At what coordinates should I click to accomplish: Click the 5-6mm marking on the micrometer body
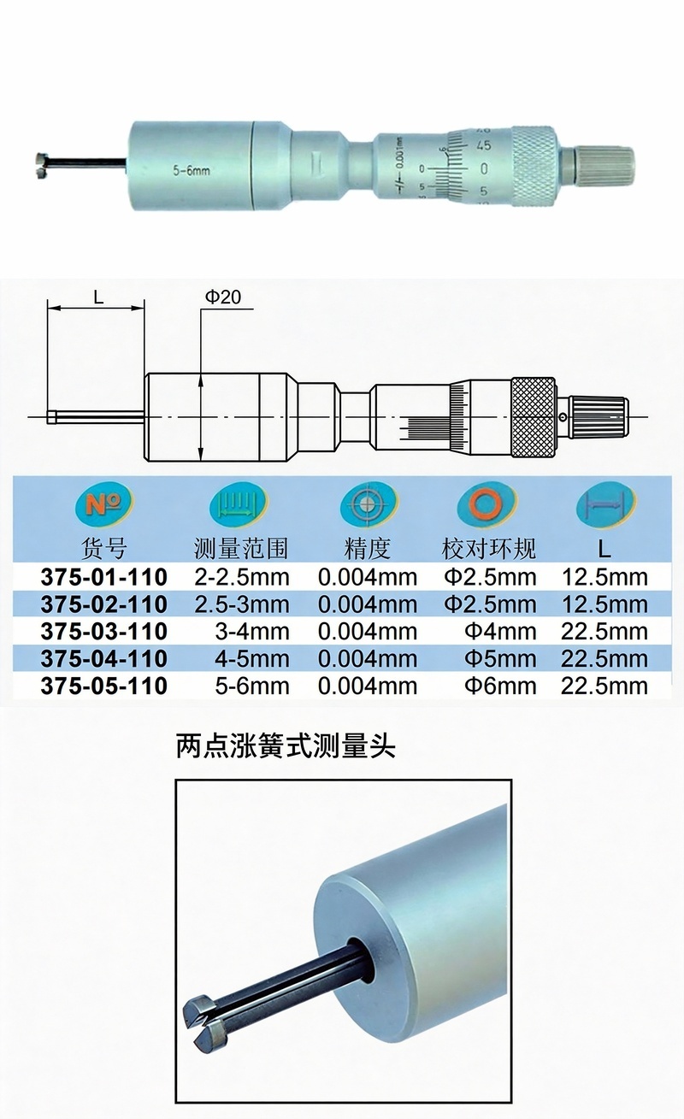(x=191, y=171)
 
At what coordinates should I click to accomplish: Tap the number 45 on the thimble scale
(x=483, y=146)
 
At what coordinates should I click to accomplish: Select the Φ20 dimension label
(x=223, y=297)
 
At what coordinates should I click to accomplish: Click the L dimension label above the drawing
(x=98, y=297)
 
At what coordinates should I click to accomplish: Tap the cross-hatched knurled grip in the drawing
(x=534, y=417)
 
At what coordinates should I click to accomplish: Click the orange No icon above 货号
(x=104, y=504)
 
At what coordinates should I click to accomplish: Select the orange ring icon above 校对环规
(x=486, y=504)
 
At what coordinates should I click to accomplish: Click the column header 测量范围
(x=241, y=549)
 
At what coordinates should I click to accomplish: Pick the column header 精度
(x=368, y=549)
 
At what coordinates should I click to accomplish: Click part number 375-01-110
(x=104, y=578)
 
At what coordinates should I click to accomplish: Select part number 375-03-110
(x=104, y=632)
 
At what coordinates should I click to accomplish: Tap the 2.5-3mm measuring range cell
(x=242, y=604)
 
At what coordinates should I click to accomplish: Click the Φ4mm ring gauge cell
(x=500, y=632)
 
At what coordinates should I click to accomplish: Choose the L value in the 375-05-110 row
(x=604, y=686)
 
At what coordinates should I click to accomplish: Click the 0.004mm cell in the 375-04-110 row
(x=368, y=658)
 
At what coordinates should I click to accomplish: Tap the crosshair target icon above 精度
(x=369, y=504)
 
